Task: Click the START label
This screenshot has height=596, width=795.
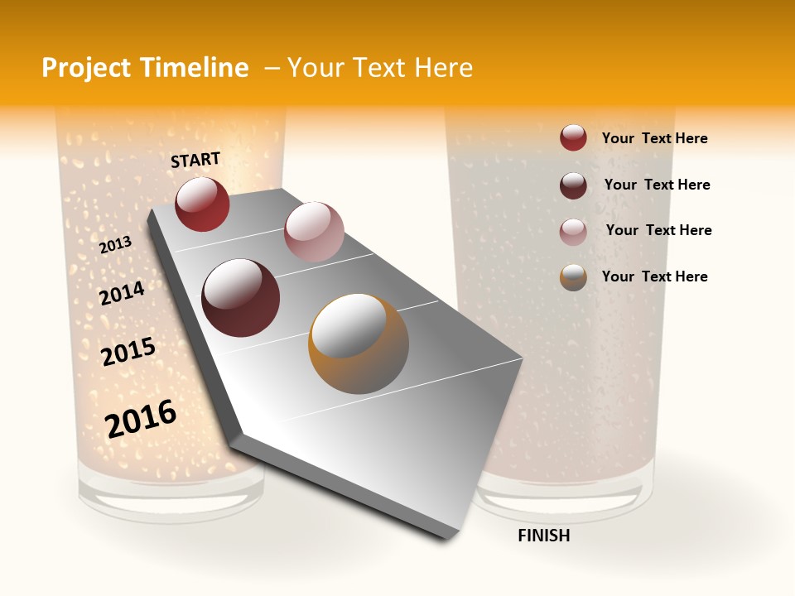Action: click(195, 160)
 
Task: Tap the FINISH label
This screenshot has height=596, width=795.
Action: click(543, 536)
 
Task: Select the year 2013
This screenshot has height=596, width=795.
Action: click(116, 244)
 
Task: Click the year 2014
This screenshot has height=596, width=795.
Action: click(122, 293)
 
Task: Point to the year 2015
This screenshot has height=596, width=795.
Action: click(128, 352)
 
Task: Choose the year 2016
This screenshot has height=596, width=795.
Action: click(141, 418)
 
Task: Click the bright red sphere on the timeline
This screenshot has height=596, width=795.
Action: click(202, 204)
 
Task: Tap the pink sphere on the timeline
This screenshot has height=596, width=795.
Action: click(314, 231)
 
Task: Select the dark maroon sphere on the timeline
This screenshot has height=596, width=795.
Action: click(241, 298)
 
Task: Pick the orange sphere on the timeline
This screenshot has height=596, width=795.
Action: click(359, 344)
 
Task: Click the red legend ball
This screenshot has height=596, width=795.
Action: click(573, 137)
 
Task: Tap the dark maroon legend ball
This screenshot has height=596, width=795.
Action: click(573, 185)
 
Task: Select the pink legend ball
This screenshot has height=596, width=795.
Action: click(573, 232)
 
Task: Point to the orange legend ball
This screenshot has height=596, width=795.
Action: click(573, 277)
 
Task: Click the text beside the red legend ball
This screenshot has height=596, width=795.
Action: click(654, 138)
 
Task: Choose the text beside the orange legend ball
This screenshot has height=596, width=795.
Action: click(654, 276)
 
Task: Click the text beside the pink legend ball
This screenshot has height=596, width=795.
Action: click(658, 230)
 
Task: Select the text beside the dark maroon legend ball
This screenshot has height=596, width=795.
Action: click(657, 185)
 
